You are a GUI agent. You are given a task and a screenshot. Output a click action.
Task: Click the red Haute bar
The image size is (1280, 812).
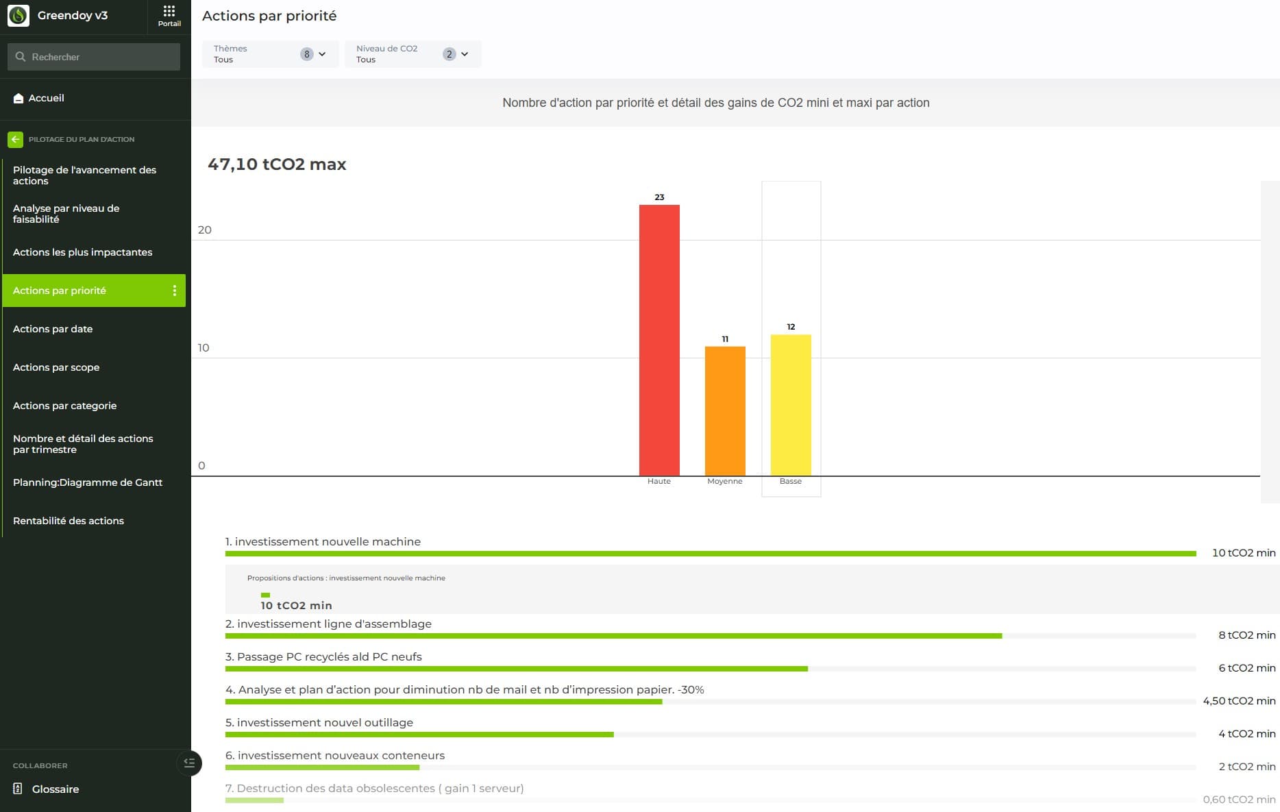click(x=659, y=340)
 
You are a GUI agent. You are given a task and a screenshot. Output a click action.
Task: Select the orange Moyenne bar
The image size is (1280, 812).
click(x=725, y=411)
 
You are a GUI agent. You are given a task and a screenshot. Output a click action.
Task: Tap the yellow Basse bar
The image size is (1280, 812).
click(x=791, y=405)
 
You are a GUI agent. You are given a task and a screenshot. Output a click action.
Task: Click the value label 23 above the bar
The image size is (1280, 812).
click(x=659, y=197)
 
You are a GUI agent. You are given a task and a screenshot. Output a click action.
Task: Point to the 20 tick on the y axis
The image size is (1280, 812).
click(x=204, y=230)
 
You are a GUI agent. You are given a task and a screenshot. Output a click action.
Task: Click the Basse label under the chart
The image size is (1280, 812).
click(x=790, y=481)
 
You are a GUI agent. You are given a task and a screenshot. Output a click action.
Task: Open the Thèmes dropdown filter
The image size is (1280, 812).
click(x=270, y=54)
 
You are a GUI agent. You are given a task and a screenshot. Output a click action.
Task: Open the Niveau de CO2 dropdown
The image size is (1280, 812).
click(x=413, y=54)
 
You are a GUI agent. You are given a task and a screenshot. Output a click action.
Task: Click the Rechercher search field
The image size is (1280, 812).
click(x=94, y=57)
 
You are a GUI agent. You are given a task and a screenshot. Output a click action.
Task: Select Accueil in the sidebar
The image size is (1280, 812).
click(x=46, y=98)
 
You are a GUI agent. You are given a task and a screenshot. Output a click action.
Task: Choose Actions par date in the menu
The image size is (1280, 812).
click(x=53, y=329)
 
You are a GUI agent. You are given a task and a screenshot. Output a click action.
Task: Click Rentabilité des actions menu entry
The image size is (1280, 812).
click(x=69, y=521)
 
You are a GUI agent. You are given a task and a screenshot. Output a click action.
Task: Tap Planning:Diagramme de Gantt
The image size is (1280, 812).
click(x=88, y=482)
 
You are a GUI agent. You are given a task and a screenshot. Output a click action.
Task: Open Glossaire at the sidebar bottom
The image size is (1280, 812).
click(x=55, y=789)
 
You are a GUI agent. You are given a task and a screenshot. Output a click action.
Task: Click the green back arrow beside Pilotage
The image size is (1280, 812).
click(x=15, y=139)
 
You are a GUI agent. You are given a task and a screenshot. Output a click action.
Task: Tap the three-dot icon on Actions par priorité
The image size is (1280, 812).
click(x=175, y=291)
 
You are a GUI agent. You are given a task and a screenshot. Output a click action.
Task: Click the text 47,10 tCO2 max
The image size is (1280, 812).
click(x=277, y=164)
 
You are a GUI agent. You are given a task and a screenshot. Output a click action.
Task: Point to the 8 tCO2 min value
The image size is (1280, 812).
click(x=1246, y=635)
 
